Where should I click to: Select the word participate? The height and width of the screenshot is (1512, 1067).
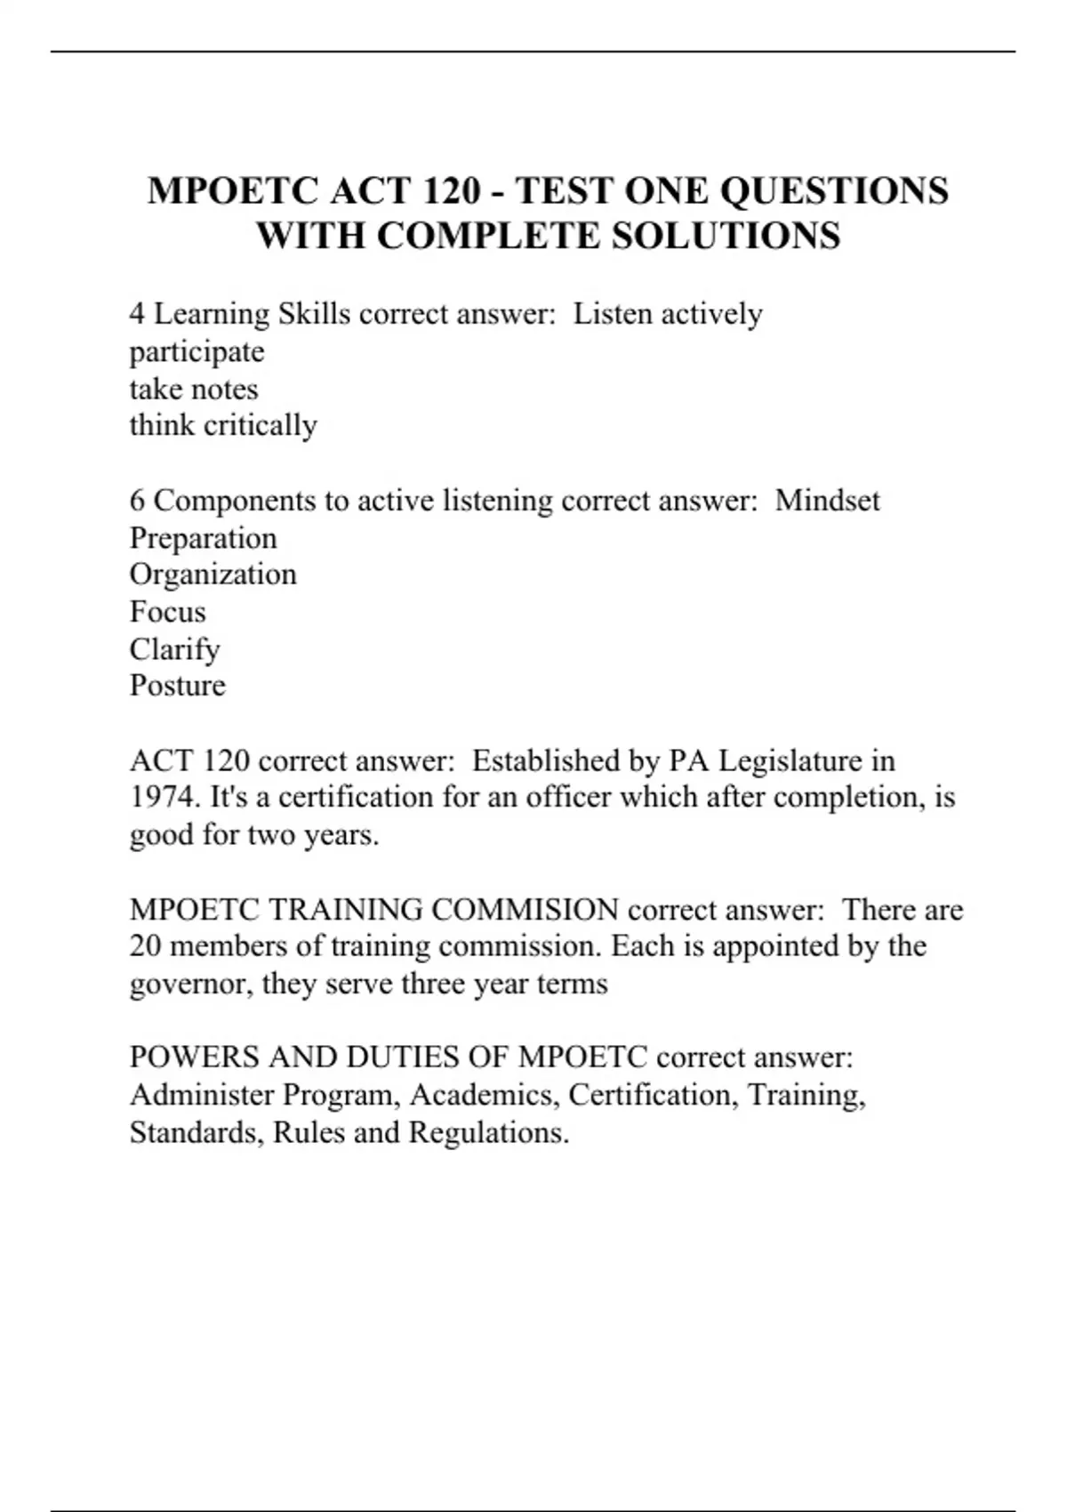[x=197, y=352]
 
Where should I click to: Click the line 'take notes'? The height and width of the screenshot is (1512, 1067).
[x=194, y=390]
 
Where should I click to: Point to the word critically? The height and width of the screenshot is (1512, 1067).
[x=261, y=426]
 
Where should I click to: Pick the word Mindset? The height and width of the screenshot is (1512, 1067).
[x=827, y=501]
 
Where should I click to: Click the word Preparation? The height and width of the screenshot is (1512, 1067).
[x=203, y=538]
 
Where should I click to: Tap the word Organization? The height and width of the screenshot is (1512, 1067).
[x=213, y=575]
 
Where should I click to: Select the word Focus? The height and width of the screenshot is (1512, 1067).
[x=167, y=612]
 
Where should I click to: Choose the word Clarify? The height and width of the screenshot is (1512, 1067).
[x=174, y=649]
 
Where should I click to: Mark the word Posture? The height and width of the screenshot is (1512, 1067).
[x=177, y=686]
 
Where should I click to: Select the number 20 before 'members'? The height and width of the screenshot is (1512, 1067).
[x=145, y=946]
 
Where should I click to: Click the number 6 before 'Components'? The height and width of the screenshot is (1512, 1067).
[x=137, y=501]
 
